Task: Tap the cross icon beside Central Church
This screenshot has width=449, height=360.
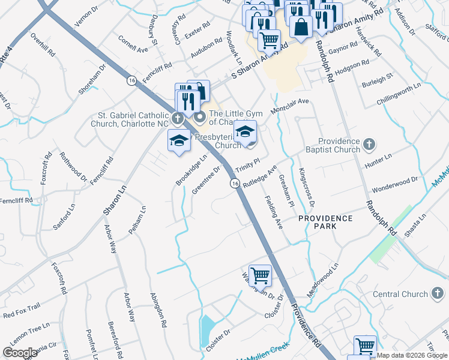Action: tap(438, 293)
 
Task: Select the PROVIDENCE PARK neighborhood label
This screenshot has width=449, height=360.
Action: tap(325, 218)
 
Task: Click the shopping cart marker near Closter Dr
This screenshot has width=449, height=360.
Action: tap(260, 275)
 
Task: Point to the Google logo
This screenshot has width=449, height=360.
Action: tap(20, 353)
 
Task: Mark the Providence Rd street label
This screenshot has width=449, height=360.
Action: tap(306, 325)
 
